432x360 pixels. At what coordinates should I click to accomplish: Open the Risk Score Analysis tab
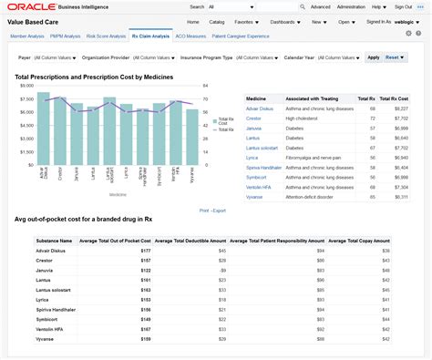click(106, 36)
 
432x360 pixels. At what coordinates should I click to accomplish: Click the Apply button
click(373, 57)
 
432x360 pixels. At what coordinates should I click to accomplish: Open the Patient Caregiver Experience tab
click(240, 36)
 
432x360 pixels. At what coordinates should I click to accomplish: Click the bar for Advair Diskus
click(43, 128)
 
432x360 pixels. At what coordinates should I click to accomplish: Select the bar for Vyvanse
click(192, 136)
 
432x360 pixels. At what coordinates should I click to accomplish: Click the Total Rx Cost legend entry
click(224, 121)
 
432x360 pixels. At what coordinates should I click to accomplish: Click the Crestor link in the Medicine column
click(255, 118)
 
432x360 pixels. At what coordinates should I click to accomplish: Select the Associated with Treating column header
click(308, 98)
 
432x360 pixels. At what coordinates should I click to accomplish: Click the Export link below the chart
click(220, 211)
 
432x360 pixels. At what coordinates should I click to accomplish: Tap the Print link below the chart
click(204, 211)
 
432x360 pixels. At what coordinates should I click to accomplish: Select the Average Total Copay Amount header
click(359, 241)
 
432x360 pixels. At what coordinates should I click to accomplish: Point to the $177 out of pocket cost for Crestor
click(145, 261)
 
